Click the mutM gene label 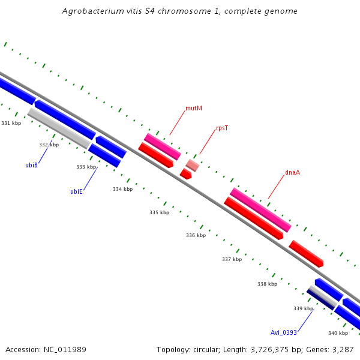tap(194, 109)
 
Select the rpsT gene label tap(222, 128)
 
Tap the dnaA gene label tap(292, 172)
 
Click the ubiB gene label tap(32, 165)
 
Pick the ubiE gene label tap(76, 192)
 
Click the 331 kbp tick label tap(11, 123)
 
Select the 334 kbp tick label tap(122, 189)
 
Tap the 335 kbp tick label tap(159, 212)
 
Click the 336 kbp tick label tap(196, 235)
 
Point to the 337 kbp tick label tap(232, 259)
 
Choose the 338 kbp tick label tap(267, 284)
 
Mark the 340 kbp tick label tap(338, 333)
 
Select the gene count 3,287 tap(343, 349)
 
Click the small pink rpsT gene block tap(192, 165)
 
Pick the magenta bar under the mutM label tap(162, 146)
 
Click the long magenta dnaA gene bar tap(260, 209)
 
